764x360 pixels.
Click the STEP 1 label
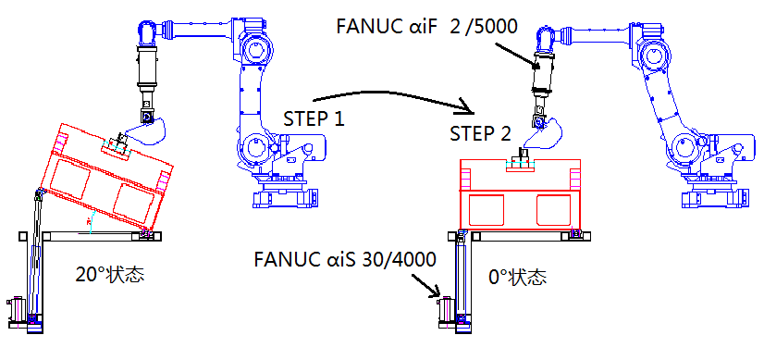pyautogui.click(x=314, y=118)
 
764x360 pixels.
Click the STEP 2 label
pyautogui.click(x=480, y=133)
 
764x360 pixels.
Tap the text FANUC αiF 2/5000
pyautogui.click(x=426, y=26)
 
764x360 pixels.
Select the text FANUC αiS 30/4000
pyautogui.click(x=345, y=259)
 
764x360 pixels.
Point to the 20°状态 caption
pyautogui.click(x=110, y=274)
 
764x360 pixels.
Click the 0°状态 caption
pyautogui.click(x=517, y=278)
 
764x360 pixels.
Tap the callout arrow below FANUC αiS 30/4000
pyautogui.click(x=425, y=285)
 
